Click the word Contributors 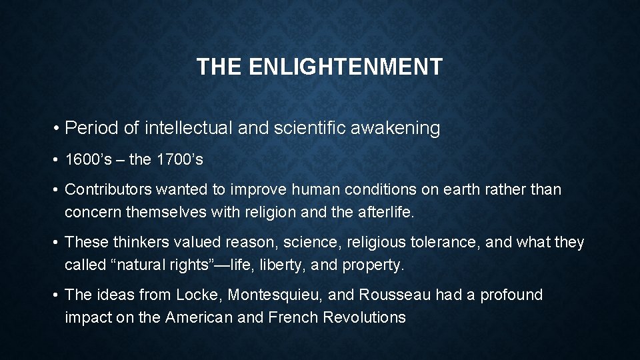[108, 190]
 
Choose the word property [373, 265]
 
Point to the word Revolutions [364, 317]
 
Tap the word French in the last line [293, 317]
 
